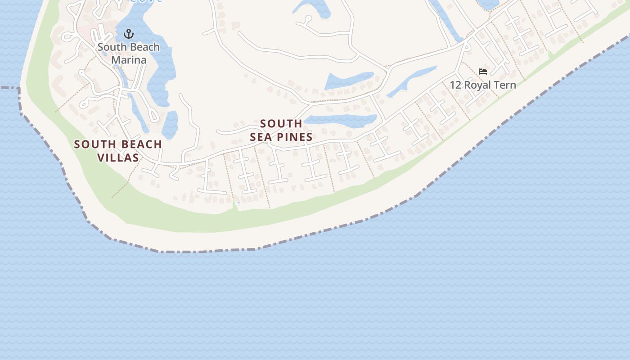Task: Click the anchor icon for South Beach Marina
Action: tap(129, 34)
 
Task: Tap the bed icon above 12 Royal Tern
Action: tap(483, 72)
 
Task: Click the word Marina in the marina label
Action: tap(129, 60)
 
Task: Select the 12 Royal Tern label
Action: tap(483, 85)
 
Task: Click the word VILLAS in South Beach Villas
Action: tap(118, 157)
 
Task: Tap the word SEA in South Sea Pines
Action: tap(260, 137)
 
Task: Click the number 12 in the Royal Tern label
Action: tap(455, 85)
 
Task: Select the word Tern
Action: tap(504, 85)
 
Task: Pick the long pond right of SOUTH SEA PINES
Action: tap(341, 121)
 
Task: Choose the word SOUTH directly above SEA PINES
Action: tap(281, 123)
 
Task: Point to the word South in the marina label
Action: tap(111, 47)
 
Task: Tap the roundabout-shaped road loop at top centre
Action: tap(308, 19)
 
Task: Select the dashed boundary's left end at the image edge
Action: tap(2, 88)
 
